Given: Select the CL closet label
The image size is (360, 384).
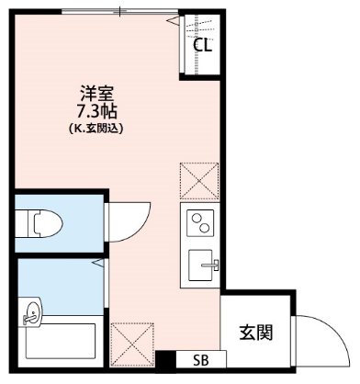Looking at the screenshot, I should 203,44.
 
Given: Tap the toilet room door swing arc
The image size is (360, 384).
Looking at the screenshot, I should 127,220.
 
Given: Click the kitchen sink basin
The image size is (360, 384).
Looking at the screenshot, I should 199,266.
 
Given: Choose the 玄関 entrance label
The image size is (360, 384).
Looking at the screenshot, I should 256,332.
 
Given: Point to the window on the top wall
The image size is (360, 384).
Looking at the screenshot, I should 119,12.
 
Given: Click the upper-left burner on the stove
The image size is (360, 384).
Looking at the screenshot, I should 195,217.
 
